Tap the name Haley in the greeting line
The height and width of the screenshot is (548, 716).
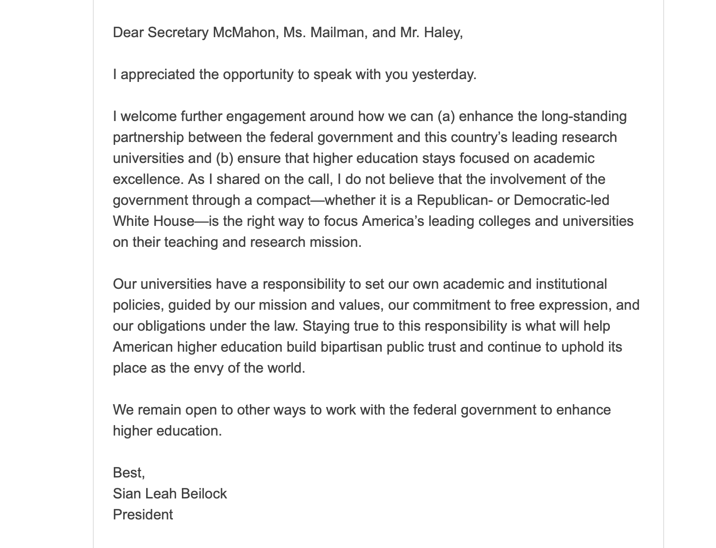tap(443, 32)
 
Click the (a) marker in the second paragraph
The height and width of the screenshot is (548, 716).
tap(446, 116)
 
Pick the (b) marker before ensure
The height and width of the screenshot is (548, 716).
tap(224, 158)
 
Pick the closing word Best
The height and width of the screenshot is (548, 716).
tap(128, 473)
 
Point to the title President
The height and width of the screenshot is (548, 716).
tap(143, 515)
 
